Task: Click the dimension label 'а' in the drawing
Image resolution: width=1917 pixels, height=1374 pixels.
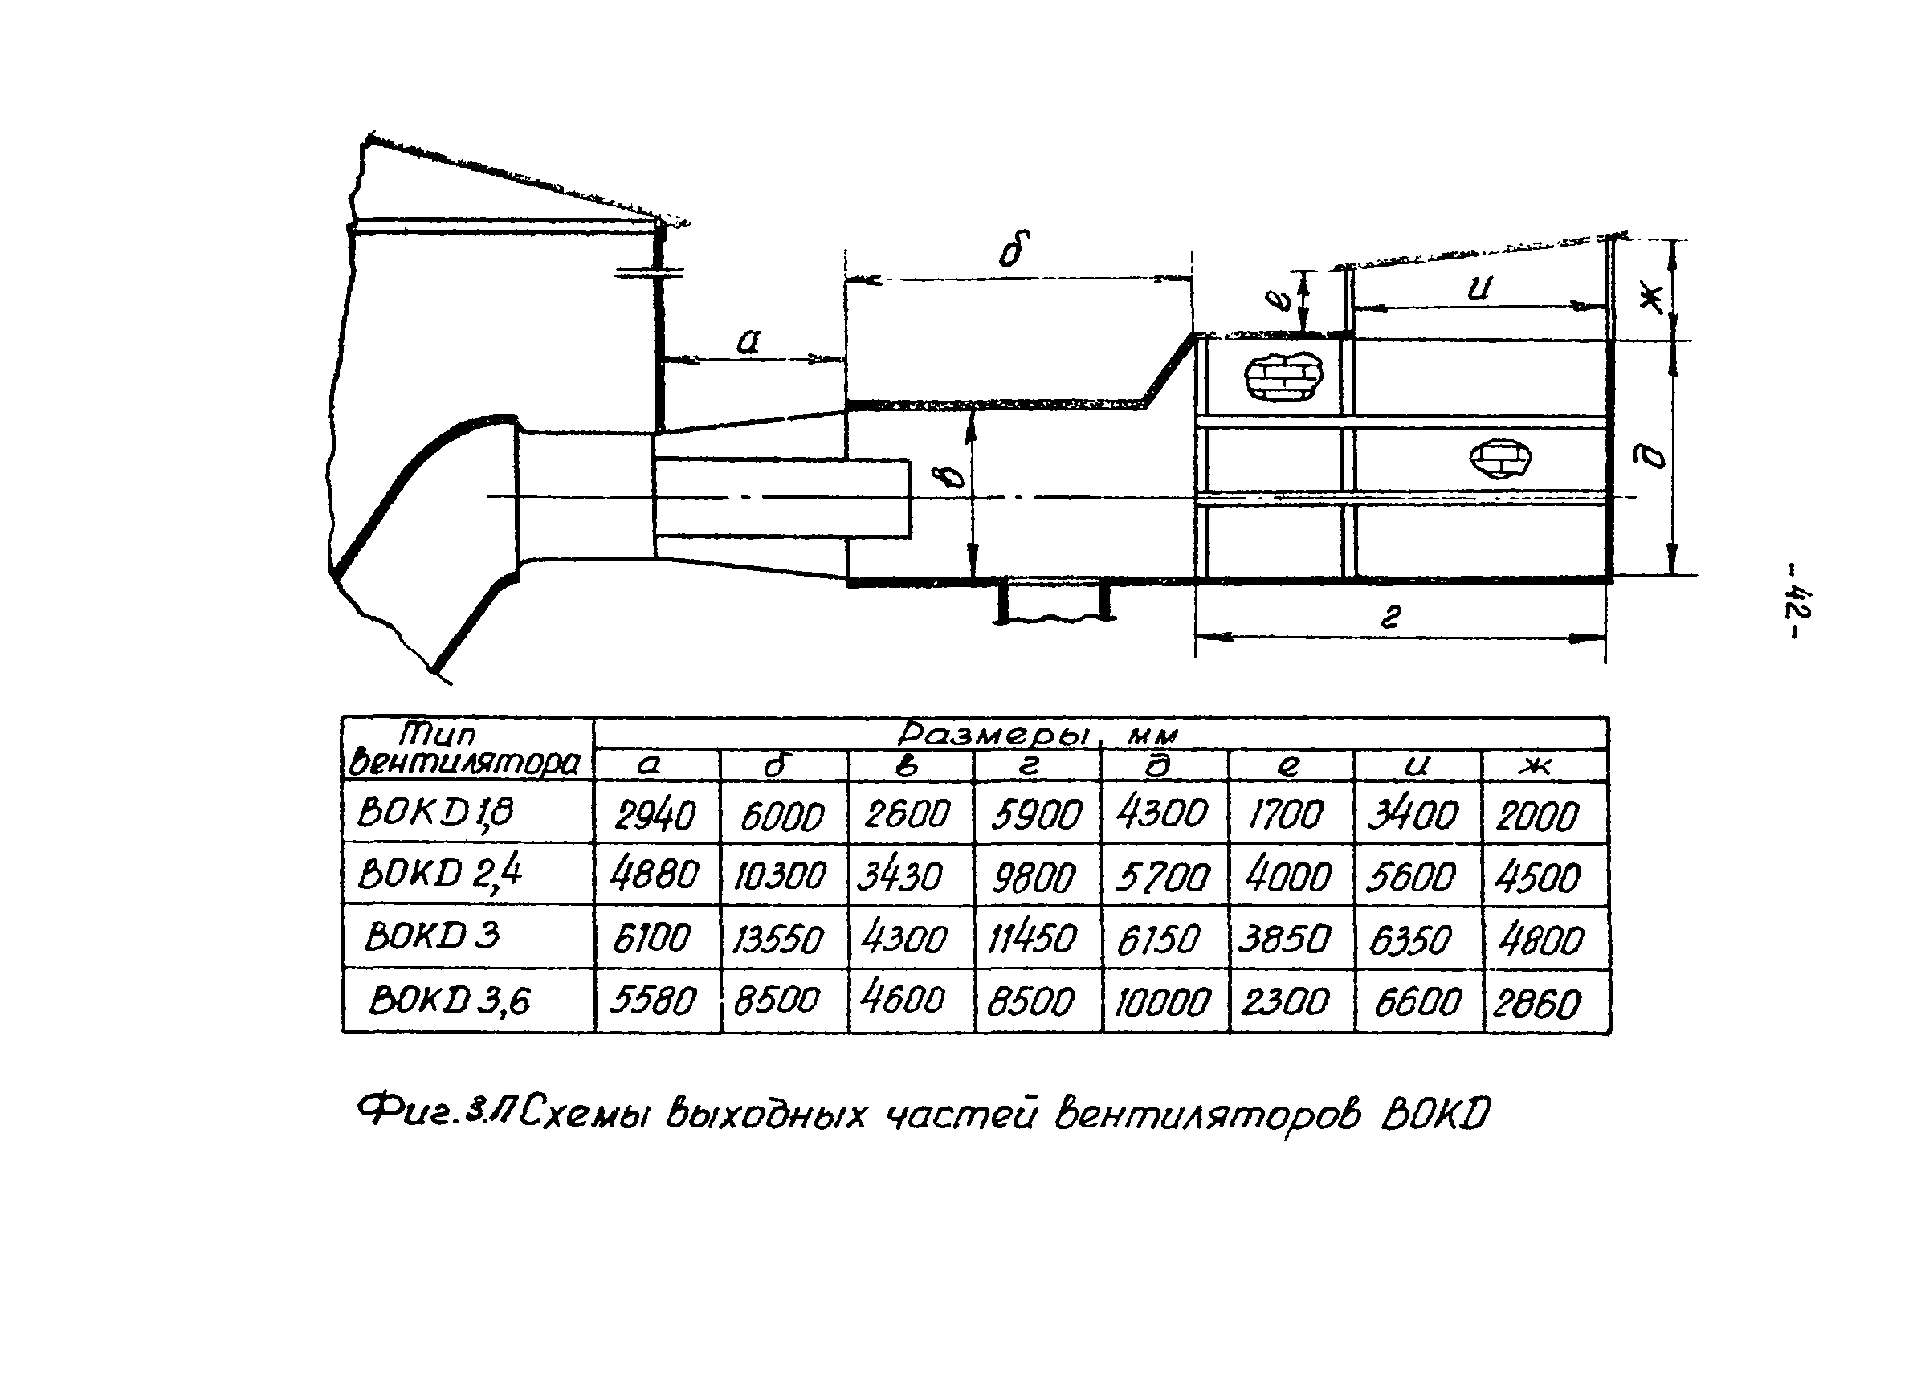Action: (748, 342)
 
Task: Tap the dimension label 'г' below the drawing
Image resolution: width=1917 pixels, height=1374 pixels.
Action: (1391, 617)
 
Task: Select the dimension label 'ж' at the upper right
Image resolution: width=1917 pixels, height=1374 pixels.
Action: (1650, 296)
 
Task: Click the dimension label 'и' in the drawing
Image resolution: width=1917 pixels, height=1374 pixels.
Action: (1479, 288)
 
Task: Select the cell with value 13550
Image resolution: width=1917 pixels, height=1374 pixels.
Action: (777, 939)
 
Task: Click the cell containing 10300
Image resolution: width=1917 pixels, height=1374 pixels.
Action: (778, 875)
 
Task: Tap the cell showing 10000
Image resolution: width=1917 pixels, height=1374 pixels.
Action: (1162, 1003)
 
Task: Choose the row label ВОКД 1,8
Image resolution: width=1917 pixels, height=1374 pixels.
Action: (435, 812)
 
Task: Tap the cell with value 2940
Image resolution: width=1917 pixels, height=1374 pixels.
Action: (655, 815)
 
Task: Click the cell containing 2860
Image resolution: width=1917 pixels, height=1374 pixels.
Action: (1536, 1004)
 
